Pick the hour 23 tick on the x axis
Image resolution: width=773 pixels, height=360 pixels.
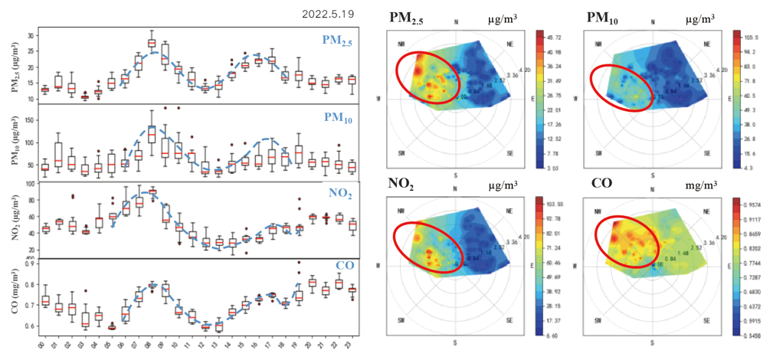pos(352,344)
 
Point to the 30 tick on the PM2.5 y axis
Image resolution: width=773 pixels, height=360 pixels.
pos(30,36)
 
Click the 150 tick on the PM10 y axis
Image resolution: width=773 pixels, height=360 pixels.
pos(28,120)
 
